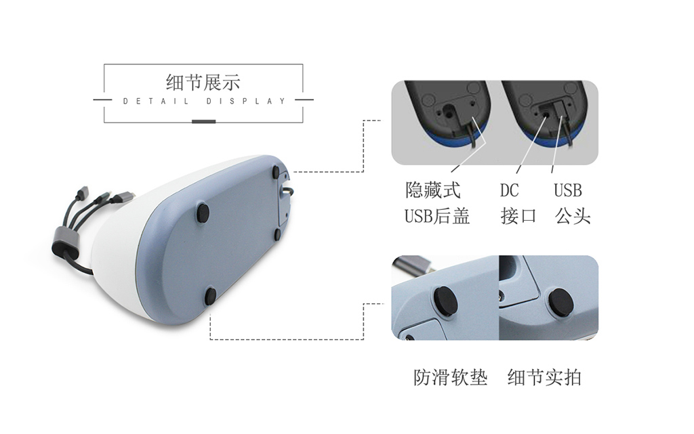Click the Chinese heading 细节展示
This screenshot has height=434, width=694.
point(203,83)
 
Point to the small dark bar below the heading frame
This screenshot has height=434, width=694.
point(203,121)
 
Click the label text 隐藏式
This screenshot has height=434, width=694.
point(432,190)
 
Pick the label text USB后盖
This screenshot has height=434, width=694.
point(437,216)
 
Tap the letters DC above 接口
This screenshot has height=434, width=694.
point(509,190)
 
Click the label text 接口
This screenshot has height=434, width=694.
point(518,216)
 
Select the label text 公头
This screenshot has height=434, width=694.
point(573,216)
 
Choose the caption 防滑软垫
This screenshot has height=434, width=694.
point(451,377)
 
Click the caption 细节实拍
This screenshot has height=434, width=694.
point(544,377)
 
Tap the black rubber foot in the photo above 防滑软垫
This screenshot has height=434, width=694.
point(444,301)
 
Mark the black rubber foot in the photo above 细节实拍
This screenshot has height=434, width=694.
point(560,301)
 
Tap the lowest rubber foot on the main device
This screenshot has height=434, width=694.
point(210,295)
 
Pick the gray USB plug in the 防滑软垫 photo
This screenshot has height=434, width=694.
point(407,263)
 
